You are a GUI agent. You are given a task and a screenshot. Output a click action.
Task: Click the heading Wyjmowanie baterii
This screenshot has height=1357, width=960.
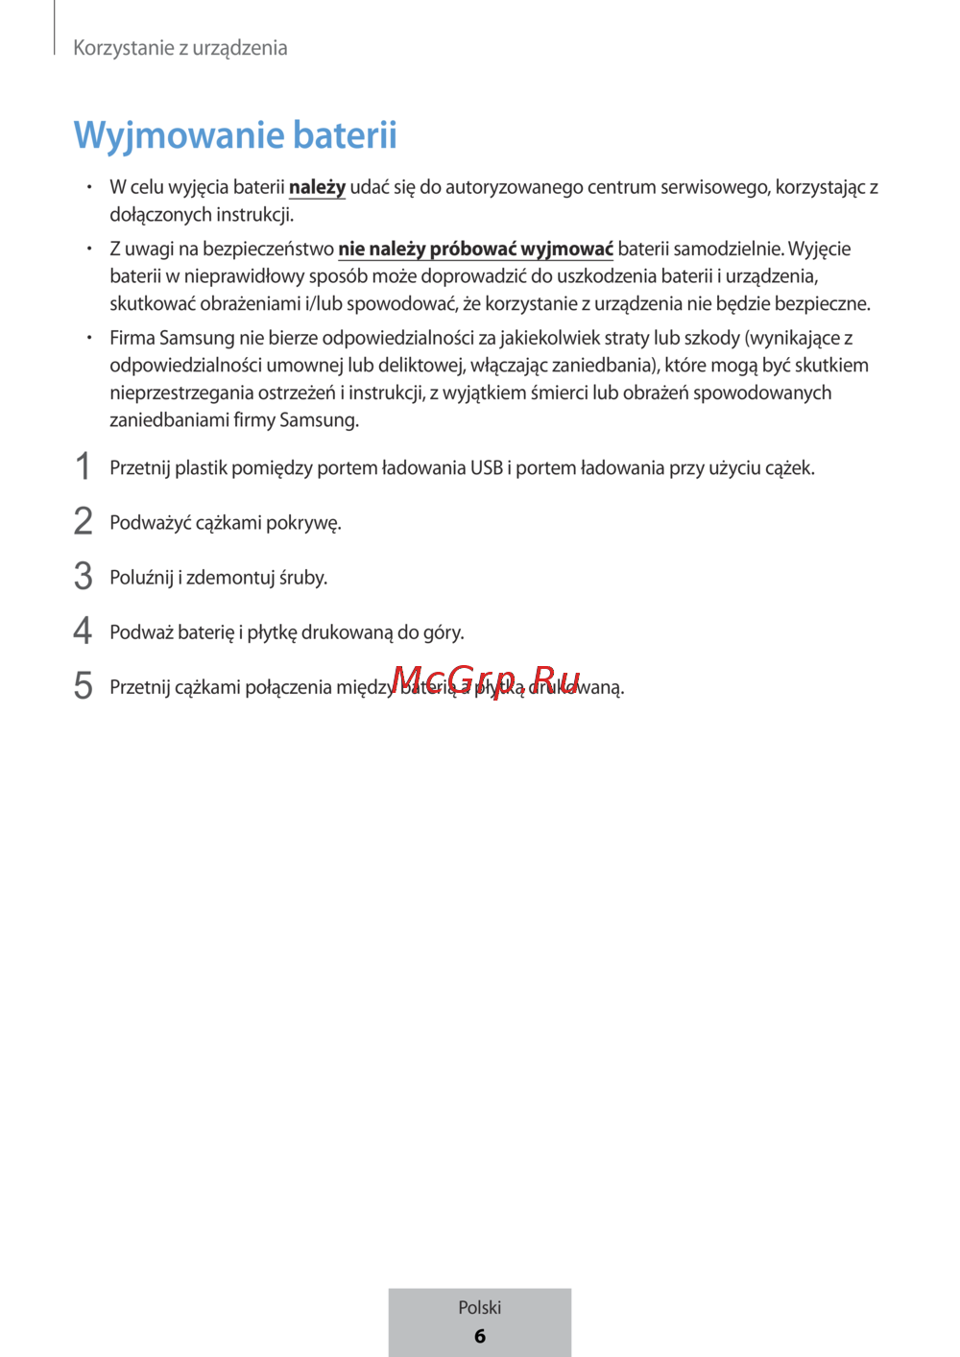click(x=235, y=135)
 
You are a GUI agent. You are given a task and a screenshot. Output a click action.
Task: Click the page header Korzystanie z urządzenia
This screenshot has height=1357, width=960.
click(x=180, y=48)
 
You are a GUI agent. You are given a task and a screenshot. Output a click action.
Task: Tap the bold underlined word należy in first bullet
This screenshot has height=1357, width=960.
click(x=317, y=187)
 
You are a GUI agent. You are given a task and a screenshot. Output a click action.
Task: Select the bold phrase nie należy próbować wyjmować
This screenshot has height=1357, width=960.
click(x=475, y=249)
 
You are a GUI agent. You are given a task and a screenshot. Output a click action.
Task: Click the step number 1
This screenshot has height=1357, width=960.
click(x=84, y=467)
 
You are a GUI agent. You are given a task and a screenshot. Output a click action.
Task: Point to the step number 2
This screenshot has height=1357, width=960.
click(x=84, y=522)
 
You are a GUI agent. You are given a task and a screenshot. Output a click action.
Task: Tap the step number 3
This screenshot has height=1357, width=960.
click(x=84, y=577)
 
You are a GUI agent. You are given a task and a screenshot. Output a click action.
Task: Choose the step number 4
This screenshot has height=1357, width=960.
click(x=84, y=631)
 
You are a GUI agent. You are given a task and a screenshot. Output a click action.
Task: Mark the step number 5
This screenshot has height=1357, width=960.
click(x=84, y=686)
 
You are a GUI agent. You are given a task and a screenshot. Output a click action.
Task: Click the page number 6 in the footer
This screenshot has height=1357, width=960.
click(x=480, y=1336)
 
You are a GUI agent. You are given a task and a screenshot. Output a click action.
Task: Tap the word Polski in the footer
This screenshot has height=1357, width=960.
click(x=480, y=1307)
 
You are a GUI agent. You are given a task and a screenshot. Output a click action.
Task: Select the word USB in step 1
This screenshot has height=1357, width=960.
click(x=486, y=468)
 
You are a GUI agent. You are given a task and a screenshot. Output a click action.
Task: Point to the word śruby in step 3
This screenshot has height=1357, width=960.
click(x=303, y=578)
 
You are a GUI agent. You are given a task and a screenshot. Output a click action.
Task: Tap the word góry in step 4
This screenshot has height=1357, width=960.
click(x=444, y=632)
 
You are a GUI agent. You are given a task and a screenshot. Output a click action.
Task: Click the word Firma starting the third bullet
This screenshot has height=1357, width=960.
click(x=132, y=338)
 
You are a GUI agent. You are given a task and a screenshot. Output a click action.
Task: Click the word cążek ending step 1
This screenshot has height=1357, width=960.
click(x=789, y=468)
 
